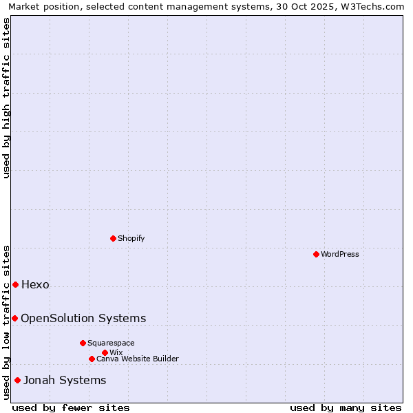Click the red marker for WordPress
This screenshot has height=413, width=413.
pos(316,254)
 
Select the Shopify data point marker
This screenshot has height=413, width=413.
pos(113,238)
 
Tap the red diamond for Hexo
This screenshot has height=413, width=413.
pos(15,284)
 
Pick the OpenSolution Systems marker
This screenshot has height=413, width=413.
pos(14,318)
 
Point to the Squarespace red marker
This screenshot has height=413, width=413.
pos(83,343)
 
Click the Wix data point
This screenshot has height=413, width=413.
pos(105,352)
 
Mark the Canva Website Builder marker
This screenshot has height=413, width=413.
pos(92,359)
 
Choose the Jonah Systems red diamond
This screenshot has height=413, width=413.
pos(17,380)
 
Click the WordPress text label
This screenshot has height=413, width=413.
pos(340,254)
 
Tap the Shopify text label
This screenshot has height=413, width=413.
pos(131,238)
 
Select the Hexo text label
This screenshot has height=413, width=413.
pos(36,284)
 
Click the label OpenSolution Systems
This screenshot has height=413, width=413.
pos(83,318)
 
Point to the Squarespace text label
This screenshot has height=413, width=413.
pos(111,343)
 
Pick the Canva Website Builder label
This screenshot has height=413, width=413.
pos(138,359)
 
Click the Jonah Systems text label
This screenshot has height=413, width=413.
pos(65,380)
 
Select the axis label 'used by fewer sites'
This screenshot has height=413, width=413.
pos(71,407)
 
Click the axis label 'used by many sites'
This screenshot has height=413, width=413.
pos(346,407)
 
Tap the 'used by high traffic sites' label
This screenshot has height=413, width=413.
pos(6,98)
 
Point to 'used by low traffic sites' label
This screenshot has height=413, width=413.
pos(6,322)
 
